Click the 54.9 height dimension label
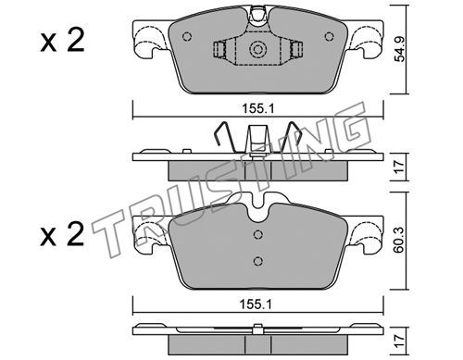(x=400, y=50)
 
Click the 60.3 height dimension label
(x=400, y=242)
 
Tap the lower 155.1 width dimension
(x=255, y=304)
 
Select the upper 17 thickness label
(x=400, y=167)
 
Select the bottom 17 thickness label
(x=400, y=341)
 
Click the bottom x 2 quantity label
(x=62, y=235)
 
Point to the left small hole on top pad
(x=187, y=36)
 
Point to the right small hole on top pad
(x=330, y=36)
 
